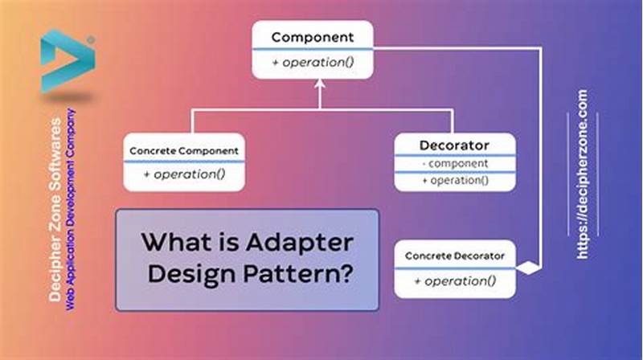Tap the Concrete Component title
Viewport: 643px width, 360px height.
point(184,150)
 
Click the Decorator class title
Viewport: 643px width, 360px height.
point(454,145)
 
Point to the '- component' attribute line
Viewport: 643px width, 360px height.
point(454,164)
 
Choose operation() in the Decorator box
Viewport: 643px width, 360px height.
point(454,180)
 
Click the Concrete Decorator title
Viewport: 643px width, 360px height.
point(455,256)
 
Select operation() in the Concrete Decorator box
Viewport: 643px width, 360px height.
point(455,280)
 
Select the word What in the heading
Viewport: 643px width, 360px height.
point(169,240)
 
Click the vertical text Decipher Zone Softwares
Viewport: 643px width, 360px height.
point(55,209)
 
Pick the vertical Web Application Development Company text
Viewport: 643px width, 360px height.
point(71,209)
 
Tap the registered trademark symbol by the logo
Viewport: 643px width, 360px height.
point(91,39)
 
